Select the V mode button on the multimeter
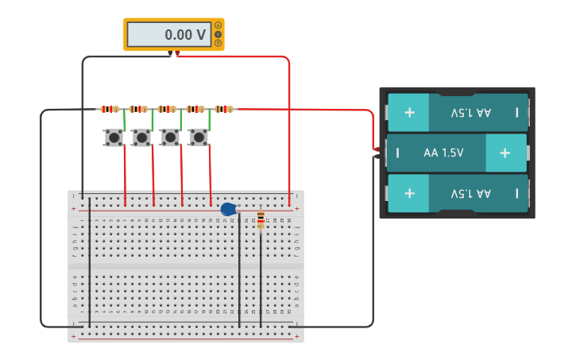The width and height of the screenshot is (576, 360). [x=218, y=34]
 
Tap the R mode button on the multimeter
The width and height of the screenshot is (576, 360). [x=218, y=43]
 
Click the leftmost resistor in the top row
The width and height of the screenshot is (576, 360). [x=109, y=109]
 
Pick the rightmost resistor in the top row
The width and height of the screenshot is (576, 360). [x=224, y=109]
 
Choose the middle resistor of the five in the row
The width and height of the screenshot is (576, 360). [x=167, y=109]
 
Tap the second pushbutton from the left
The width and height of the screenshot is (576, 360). [x=141, y=137]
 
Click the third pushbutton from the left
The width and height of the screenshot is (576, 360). [x=170, y=137]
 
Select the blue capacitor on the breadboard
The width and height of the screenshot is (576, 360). [x=228, y=209]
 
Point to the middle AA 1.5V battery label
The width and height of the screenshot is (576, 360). [x=444, y=153]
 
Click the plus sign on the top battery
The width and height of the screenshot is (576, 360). [x=409, y=113]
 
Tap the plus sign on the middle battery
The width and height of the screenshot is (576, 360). [x=504, y=153]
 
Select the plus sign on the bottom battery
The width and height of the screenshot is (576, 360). [x=409, y=193]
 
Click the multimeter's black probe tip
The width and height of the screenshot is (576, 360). [x=170, y=54]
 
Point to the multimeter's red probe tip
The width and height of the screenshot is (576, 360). [x=177, y=54]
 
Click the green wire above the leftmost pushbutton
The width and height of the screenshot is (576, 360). [x=124, y=120]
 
